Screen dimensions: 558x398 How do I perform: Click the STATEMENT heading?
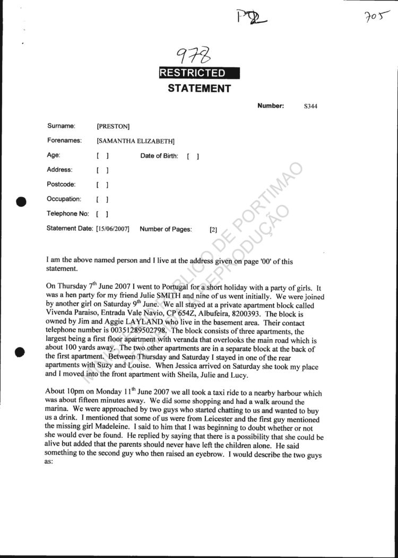pyautogui.click(x=199, y=88)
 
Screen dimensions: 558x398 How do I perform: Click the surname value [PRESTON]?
pyautogui.click(x=113, y=126)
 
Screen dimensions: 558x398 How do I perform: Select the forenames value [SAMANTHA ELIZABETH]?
pyautogui.click(x=135, y=141)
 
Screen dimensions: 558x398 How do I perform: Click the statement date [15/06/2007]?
pyautogui.click(x=113, y=229)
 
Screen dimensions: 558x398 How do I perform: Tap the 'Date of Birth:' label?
pyautogui.click(x=159, y=156)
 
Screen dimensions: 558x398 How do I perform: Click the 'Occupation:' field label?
pyautogui.click(x=64, y=199)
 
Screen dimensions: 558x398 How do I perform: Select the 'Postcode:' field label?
pyautogui.click(x=62, y=184)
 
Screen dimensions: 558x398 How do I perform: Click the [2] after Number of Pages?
pyautogui.click(x=213, y=230)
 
